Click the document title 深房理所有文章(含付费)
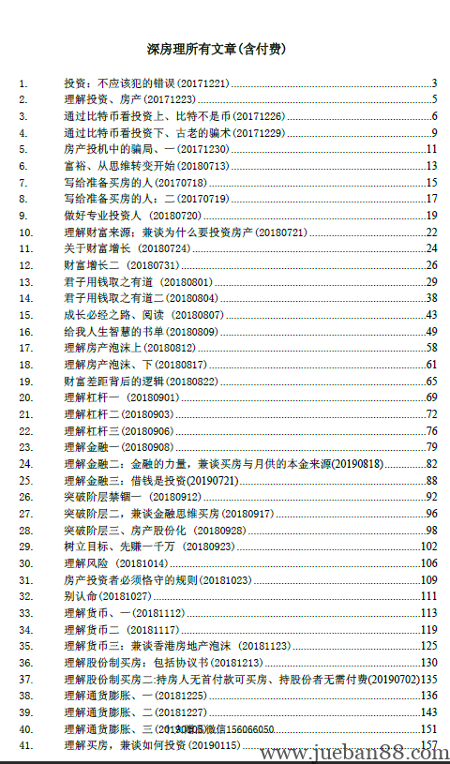[224, 47]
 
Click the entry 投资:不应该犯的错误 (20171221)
[145, 83]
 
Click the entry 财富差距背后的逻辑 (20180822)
[141, 382]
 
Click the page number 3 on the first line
[435, 83]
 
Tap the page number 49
[431, 331]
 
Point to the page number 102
[429, 547]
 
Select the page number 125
[429, 646]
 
